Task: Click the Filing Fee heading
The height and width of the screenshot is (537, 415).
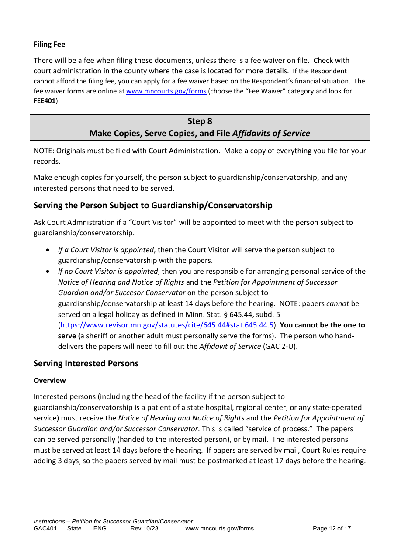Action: pos(49,44)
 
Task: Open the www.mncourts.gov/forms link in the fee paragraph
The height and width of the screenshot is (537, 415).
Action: pos(166,91)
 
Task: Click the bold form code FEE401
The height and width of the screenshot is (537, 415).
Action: pos(45,101)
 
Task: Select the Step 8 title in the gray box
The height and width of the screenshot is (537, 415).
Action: pos(200,121)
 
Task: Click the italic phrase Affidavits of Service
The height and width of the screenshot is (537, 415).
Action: pos(271,134)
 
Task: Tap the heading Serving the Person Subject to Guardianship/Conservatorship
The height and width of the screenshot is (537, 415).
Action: pos(153,205)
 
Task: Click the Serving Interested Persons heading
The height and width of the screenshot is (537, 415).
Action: pos(86,363)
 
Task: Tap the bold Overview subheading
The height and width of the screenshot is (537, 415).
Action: pos(50,380)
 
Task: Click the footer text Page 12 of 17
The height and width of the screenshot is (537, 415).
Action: pos(332,528)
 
